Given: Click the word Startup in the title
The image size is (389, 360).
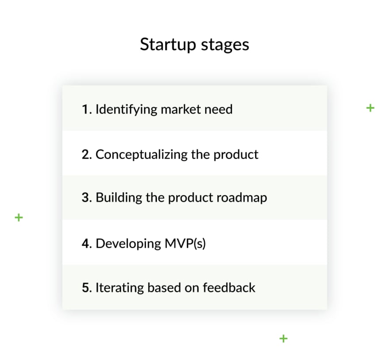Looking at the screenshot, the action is click(168, 45).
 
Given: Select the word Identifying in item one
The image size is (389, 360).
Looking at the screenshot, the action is click(126, 110).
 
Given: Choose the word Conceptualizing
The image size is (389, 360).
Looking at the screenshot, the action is click(141, 155).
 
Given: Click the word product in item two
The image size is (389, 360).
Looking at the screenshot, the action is click(236, 155).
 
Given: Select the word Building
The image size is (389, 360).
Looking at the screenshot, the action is click(119, 198).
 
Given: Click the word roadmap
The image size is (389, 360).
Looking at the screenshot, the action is click(242, 198).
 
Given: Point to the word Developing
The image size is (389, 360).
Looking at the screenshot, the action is click(128, 244).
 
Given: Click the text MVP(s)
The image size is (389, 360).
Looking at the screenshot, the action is click(185, 244).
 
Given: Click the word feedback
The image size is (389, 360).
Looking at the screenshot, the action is click(229, 288).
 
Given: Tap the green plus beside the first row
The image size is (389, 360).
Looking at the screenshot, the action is click(370, 108).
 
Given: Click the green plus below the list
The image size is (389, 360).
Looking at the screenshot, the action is click(283, 338).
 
